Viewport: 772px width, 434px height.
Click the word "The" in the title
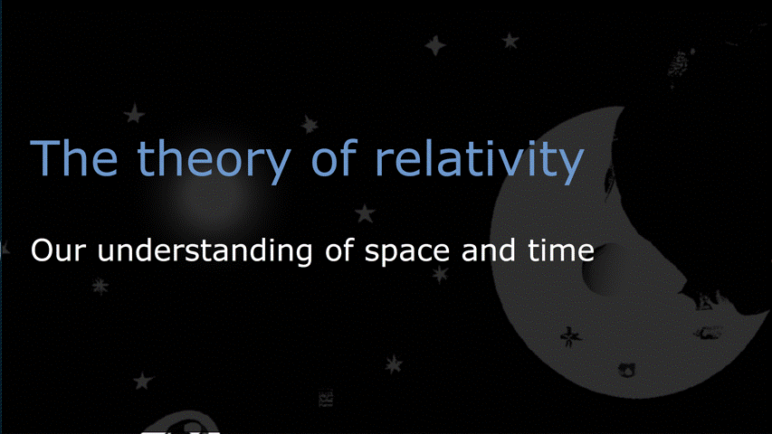point(74,157)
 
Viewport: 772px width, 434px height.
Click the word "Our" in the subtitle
point(58,250)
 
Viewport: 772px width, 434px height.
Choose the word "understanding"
point(205,252)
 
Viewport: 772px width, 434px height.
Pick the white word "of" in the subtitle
point(338,250)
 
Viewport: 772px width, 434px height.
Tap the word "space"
point(406,253)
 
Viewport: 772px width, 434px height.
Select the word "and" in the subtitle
point(489,250)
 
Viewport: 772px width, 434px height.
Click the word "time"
point(561,250)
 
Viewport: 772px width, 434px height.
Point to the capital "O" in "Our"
point(42,250)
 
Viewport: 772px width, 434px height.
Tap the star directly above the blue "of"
point(310,124)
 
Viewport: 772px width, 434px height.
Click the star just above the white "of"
point(365,213)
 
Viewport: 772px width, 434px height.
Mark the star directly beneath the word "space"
point(440,274)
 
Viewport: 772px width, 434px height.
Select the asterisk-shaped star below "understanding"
point(100,287)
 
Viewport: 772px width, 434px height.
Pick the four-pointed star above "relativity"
point(435,45)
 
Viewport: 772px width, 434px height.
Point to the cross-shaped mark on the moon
point(570,336)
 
